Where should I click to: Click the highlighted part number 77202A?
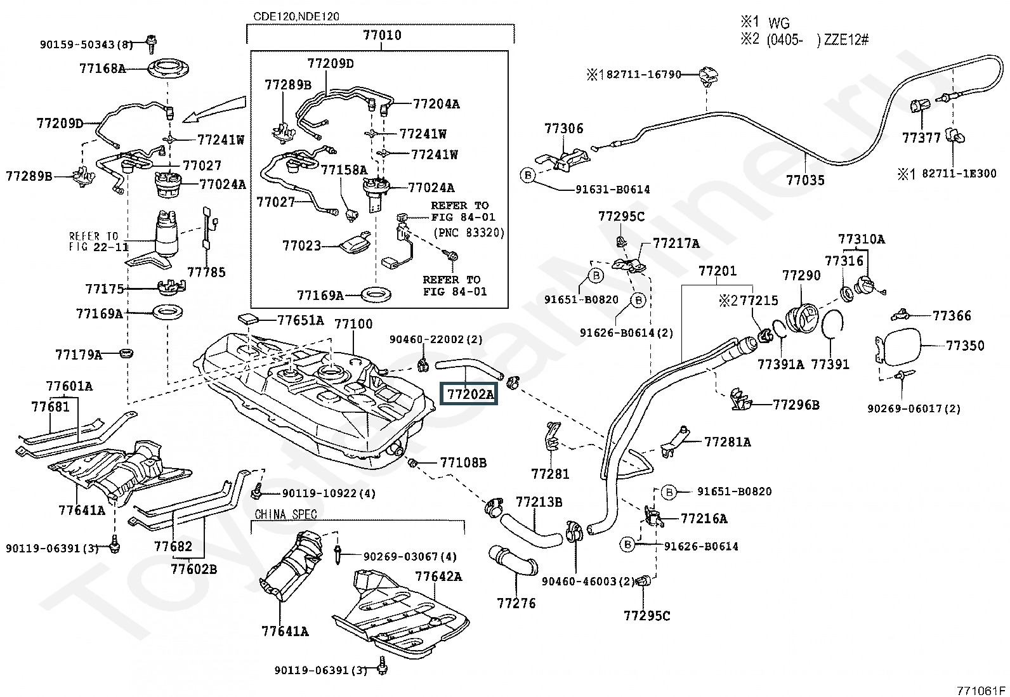click(x=469, y=394)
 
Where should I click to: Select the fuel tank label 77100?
click(x=353, y=324)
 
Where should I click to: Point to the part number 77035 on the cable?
click(x=805, y=180)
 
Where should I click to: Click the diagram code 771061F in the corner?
click(x=981, y=690)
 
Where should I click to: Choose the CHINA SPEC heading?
click(x=285, y=514)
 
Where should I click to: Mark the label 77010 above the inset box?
click(x=382, y=35)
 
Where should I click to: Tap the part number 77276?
click(x=516, y=603)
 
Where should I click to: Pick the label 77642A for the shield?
click(x=438, y=576)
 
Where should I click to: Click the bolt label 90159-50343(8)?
click(x=86, y=44)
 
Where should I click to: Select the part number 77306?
click(x=563, y=129)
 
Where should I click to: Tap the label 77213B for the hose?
click(x=539, y=502)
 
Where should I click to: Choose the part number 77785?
click(x=206, y=272)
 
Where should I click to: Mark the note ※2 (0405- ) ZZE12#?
click(x=804, y=40)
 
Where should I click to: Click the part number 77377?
click(x=921, y=137)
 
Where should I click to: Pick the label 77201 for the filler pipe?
click(x=718, y=271)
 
